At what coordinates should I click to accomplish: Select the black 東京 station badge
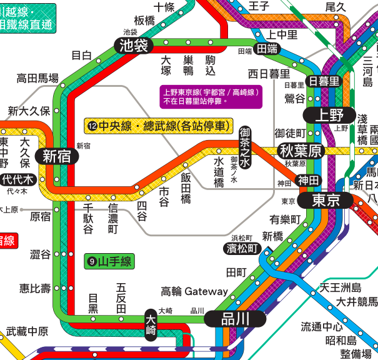326,201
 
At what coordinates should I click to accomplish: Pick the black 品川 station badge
236,318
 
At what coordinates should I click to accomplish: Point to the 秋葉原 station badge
301,151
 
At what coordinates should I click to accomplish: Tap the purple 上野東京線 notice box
211,96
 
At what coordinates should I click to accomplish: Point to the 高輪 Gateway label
194,291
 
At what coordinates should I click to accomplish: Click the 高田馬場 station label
37,79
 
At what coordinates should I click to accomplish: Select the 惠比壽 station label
35,288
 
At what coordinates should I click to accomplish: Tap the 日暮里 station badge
325,81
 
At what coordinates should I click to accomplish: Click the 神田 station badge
307,180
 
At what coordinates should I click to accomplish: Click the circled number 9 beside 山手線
92,261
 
